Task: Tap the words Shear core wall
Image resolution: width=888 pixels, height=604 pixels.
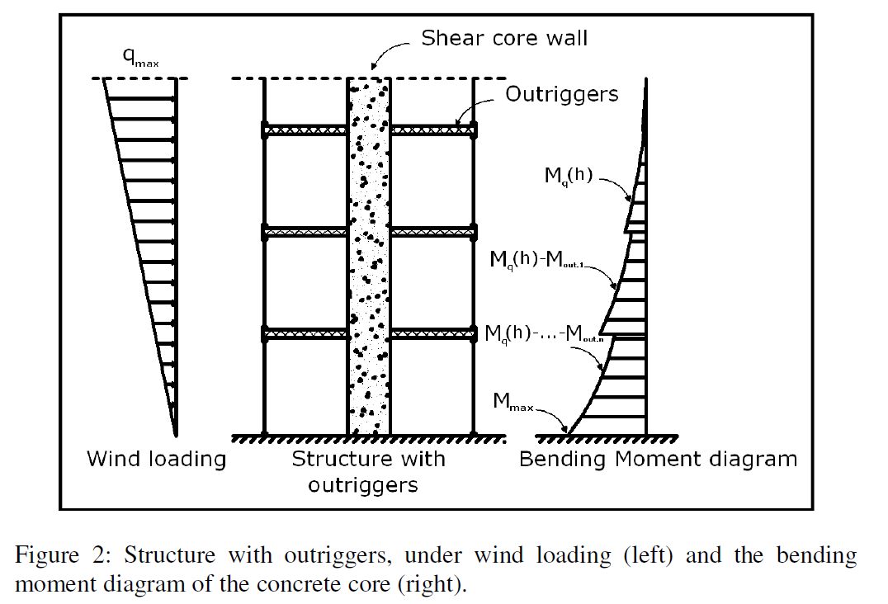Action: click(504, 38)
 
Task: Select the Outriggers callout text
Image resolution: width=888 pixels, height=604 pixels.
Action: click(561, 94)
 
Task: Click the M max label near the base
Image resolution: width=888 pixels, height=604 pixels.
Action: click(512, 402)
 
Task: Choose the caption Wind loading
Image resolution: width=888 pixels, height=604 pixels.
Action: click(156, 459)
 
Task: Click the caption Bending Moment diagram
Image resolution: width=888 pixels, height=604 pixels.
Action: click(658, 459)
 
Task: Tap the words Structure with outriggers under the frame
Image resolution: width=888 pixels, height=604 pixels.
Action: click(368, 471)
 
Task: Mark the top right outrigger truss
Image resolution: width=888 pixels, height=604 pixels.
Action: click(432, 130)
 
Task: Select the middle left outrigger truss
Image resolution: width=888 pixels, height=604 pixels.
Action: click(305, 233)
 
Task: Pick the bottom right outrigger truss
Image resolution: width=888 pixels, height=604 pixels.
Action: click(432, 334)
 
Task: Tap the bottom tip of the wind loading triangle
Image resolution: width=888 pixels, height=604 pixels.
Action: click(175, 434)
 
